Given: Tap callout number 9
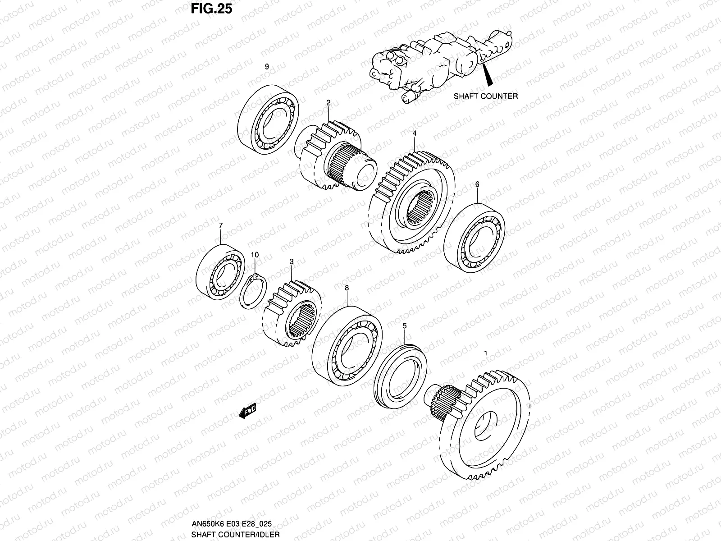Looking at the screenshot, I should click(x=266, y=67).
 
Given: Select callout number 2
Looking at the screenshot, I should click(x=329, y=103).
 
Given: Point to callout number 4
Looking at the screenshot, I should click(x=414, y=134).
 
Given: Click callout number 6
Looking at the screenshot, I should click(x=477, y=184).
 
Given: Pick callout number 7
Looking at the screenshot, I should click(x=220, y=225).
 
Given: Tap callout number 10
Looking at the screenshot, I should click(x=255, y=255).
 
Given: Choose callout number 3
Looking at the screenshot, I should click(x=292, y=261).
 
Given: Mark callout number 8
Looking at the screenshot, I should click(x=347, y=287).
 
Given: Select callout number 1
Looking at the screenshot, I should click(x=485, y=353).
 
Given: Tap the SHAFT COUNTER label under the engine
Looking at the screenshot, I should click(x=485, y=96).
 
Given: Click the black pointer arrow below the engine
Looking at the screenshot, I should click(x=488, y=76).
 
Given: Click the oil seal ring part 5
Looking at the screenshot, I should click(x=401, y=371).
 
